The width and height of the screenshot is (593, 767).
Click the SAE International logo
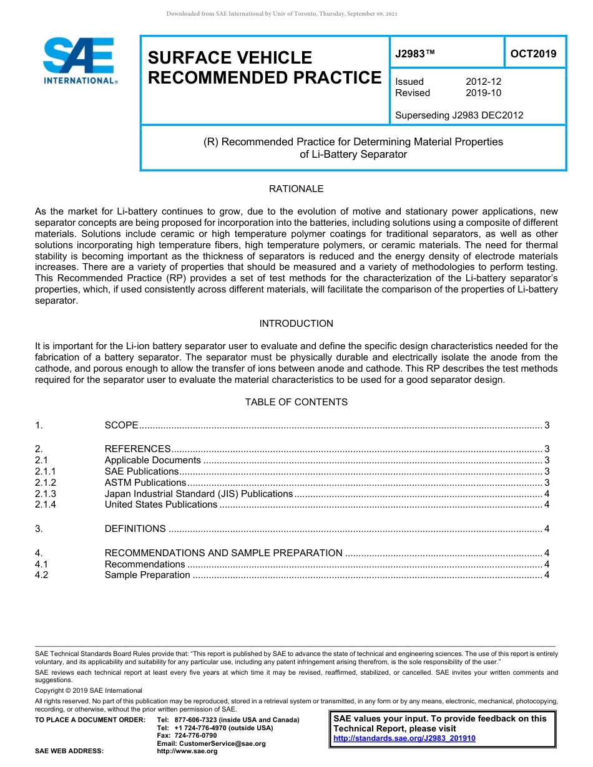[79, 60]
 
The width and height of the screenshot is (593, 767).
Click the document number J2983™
[414, 54]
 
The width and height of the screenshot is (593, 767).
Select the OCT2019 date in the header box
[533, 54]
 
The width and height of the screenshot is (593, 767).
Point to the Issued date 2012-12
[483, 82]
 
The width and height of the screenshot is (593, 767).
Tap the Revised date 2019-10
[483, 93]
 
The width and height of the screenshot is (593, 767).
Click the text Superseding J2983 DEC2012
[459, 115]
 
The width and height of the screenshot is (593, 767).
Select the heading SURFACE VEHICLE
[230, 58]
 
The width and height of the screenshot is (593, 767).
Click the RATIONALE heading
[296, 189]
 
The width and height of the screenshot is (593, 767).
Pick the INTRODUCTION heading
[296, 324]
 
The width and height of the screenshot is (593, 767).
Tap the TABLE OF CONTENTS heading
[296, 402]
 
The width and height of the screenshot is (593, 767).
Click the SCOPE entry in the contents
[122, 425]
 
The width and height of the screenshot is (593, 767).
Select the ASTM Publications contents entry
[145, 483]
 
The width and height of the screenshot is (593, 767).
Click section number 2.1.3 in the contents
[46, 494]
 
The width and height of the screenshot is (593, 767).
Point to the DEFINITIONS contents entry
[135, 529]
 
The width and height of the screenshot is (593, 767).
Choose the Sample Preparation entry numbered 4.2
[147, 575]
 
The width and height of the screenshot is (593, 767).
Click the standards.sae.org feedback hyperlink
[404, 738]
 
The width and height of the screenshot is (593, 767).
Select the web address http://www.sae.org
[187, 751]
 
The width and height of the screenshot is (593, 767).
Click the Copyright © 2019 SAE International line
[89, 690]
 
